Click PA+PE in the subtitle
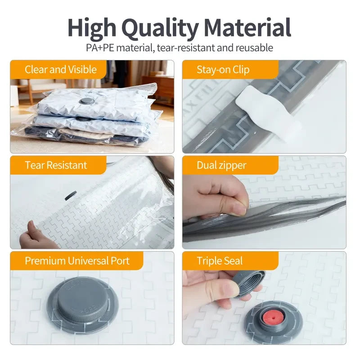(100, 48)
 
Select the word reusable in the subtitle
(254, 48)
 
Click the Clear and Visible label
(61, 69)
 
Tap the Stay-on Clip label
(223, 70)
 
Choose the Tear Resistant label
(56, 165)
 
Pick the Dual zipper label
(221, 166)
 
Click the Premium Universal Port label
(77, 261)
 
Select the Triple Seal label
(220, 261)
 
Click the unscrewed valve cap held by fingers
(248, 283)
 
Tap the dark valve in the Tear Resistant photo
(70, 196)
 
